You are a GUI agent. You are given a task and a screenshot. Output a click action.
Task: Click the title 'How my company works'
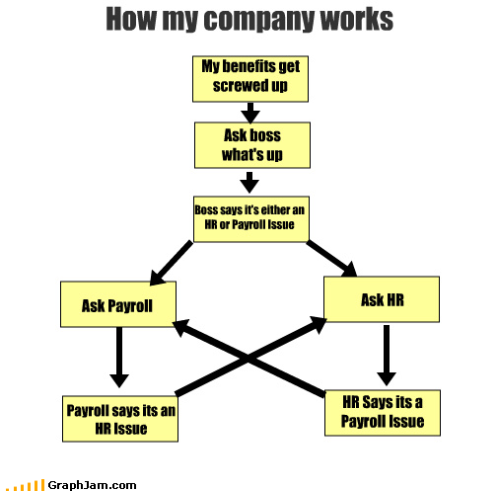click(x=248, y=21)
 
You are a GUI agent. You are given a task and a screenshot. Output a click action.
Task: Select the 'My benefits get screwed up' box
click(x=250, y=78)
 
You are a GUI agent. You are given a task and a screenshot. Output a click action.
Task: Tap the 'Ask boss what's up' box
click(x=250, y=144)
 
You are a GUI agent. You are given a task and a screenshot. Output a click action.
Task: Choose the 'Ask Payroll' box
click(x=118, y=305)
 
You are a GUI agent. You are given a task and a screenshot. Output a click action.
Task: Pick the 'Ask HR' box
click(x=382, y=299)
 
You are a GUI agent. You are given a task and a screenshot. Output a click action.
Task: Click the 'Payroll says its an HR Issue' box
click(x=118, y=419)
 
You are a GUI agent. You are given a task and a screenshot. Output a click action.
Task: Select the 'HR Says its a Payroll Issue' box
click(x=382, y=411)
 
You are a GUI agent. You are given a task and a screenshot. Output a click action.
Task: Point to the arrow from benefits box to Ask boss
click(x=250, y=112)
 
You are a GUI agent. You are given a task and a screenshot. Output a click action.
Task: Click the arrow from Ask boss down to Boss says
click(x=250, y=181)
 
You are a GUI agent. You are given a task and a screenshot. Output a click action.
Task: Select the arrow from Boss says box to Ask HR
click(x=330, y=257)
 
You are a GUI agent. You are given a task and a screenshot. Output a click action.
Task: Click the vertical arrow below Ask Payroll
click(x=118, y=358)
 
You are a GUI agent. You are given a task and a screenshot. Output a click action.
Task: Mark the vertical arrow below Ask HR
click(x=387, y=354)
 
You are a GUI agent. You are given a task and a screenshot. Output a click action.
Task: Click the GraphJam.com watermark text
click(x=96, y=484)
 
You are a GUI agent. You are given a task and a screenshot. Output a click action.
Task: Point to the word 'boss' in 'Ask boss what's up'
click(x=267, y=136)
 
